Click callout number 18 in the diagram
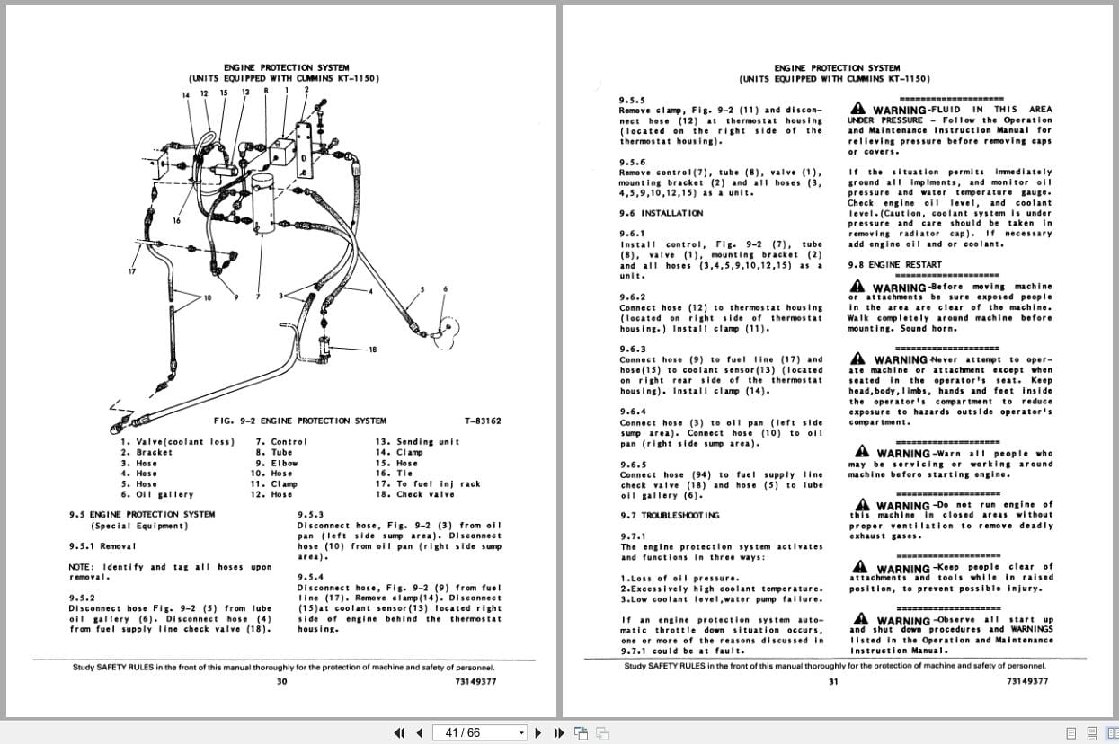tap(372, 350)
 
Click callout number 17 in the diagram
tap(132, 271)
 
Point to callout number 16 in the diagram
tap(176, 220)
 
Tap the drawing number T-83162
tap(483, 421)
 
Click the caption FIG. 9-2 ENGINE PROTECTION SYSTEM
tap(299, 421)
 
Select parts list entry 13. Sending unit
tap(417, 441)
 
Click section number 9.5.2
tap(82, 597)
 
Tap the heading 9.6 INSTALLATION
tap(661, 213)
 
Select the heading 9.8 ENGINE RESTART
tap(894, 265)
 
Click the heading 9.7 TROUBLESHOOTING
tap(669, 515)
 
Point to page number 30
tap(282, 681)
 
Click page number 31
tap(833, 681)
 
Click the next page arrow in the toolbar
tap(538, 732)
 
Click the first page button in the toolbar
tap(400, 732)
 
